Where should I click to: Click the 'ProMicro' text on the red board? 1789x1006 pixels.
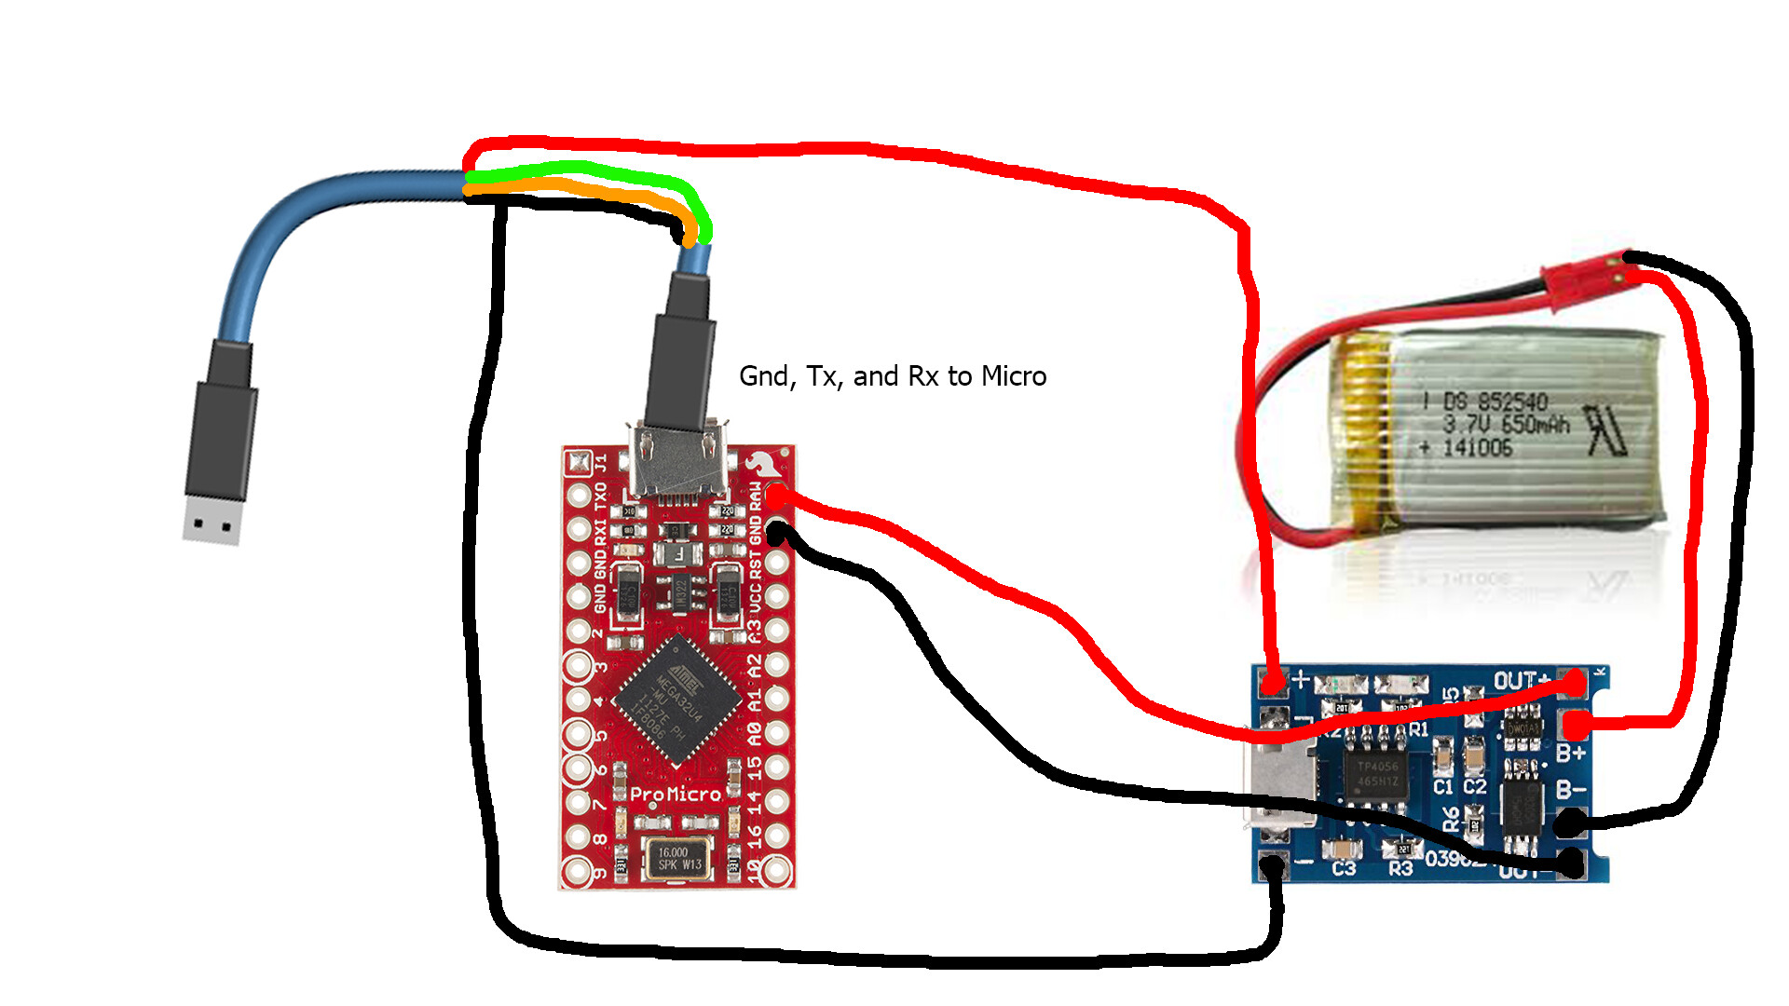[676, 795]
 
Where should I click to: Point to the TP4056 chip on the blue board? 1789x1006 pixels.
[1377, 773]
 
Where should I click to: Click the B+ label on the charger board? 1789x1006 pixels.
[1571, 753]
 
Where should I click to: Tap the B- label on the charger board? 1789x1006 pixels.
[1571, 790]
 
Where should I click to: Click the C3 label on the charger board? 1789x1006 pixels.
[1344, 869]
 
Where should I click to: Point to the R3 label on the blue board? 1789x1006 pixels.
[1400, 869]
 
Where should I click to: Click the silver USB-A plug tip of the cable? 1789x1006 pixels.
[213, 520]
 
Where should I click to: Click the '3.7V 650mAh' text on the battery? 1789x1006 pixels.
[1506, 425]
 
